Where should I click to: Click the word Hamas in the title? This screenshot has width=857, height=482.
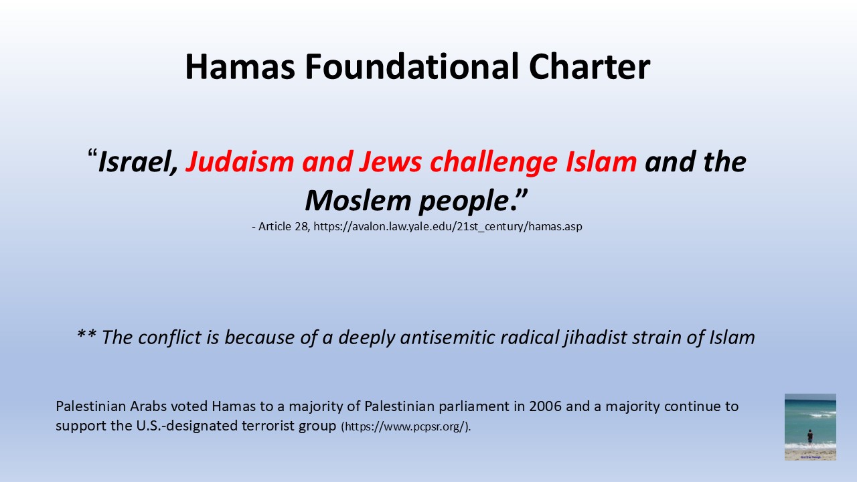coord(240,66)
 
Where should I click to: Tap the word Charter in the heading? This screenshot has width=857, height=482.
coord(590,66)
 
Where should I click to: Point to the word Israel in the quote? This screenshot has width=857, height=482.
coord(138,161)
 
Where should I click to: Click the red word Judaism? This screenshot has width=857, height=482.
coord(240,161)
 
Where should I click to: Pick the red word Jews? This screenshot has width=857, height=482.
coord(390,161)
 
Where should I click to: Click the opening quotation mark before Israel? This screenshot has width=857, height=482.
coord(92,154)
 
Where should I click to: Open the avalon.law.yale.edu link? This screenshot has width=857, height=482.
coord(448,227)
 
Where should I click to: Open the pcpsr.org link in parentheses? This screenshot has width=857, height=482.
coord(406,427)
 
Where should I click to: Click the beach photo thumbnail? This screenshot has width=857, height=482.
coord(810,427)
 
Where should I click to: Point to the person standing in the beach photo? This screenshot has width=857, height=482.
coord(810,437)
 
